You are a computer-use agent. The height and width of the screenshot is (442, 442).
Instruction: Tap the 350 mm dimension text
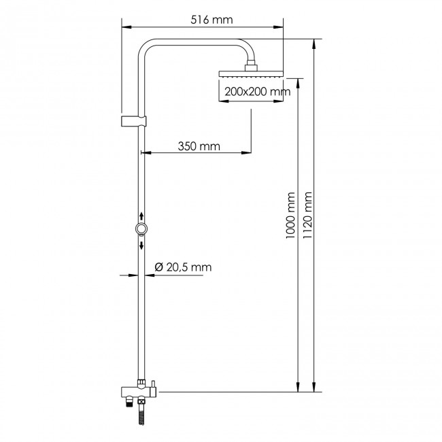click(198, 146)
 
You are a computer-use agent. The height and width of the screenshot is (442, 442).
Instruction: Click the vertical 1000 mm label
click(290, 214)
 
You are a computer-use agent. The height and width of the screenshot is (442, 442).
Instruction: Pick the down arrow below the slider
click(141, 245)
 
